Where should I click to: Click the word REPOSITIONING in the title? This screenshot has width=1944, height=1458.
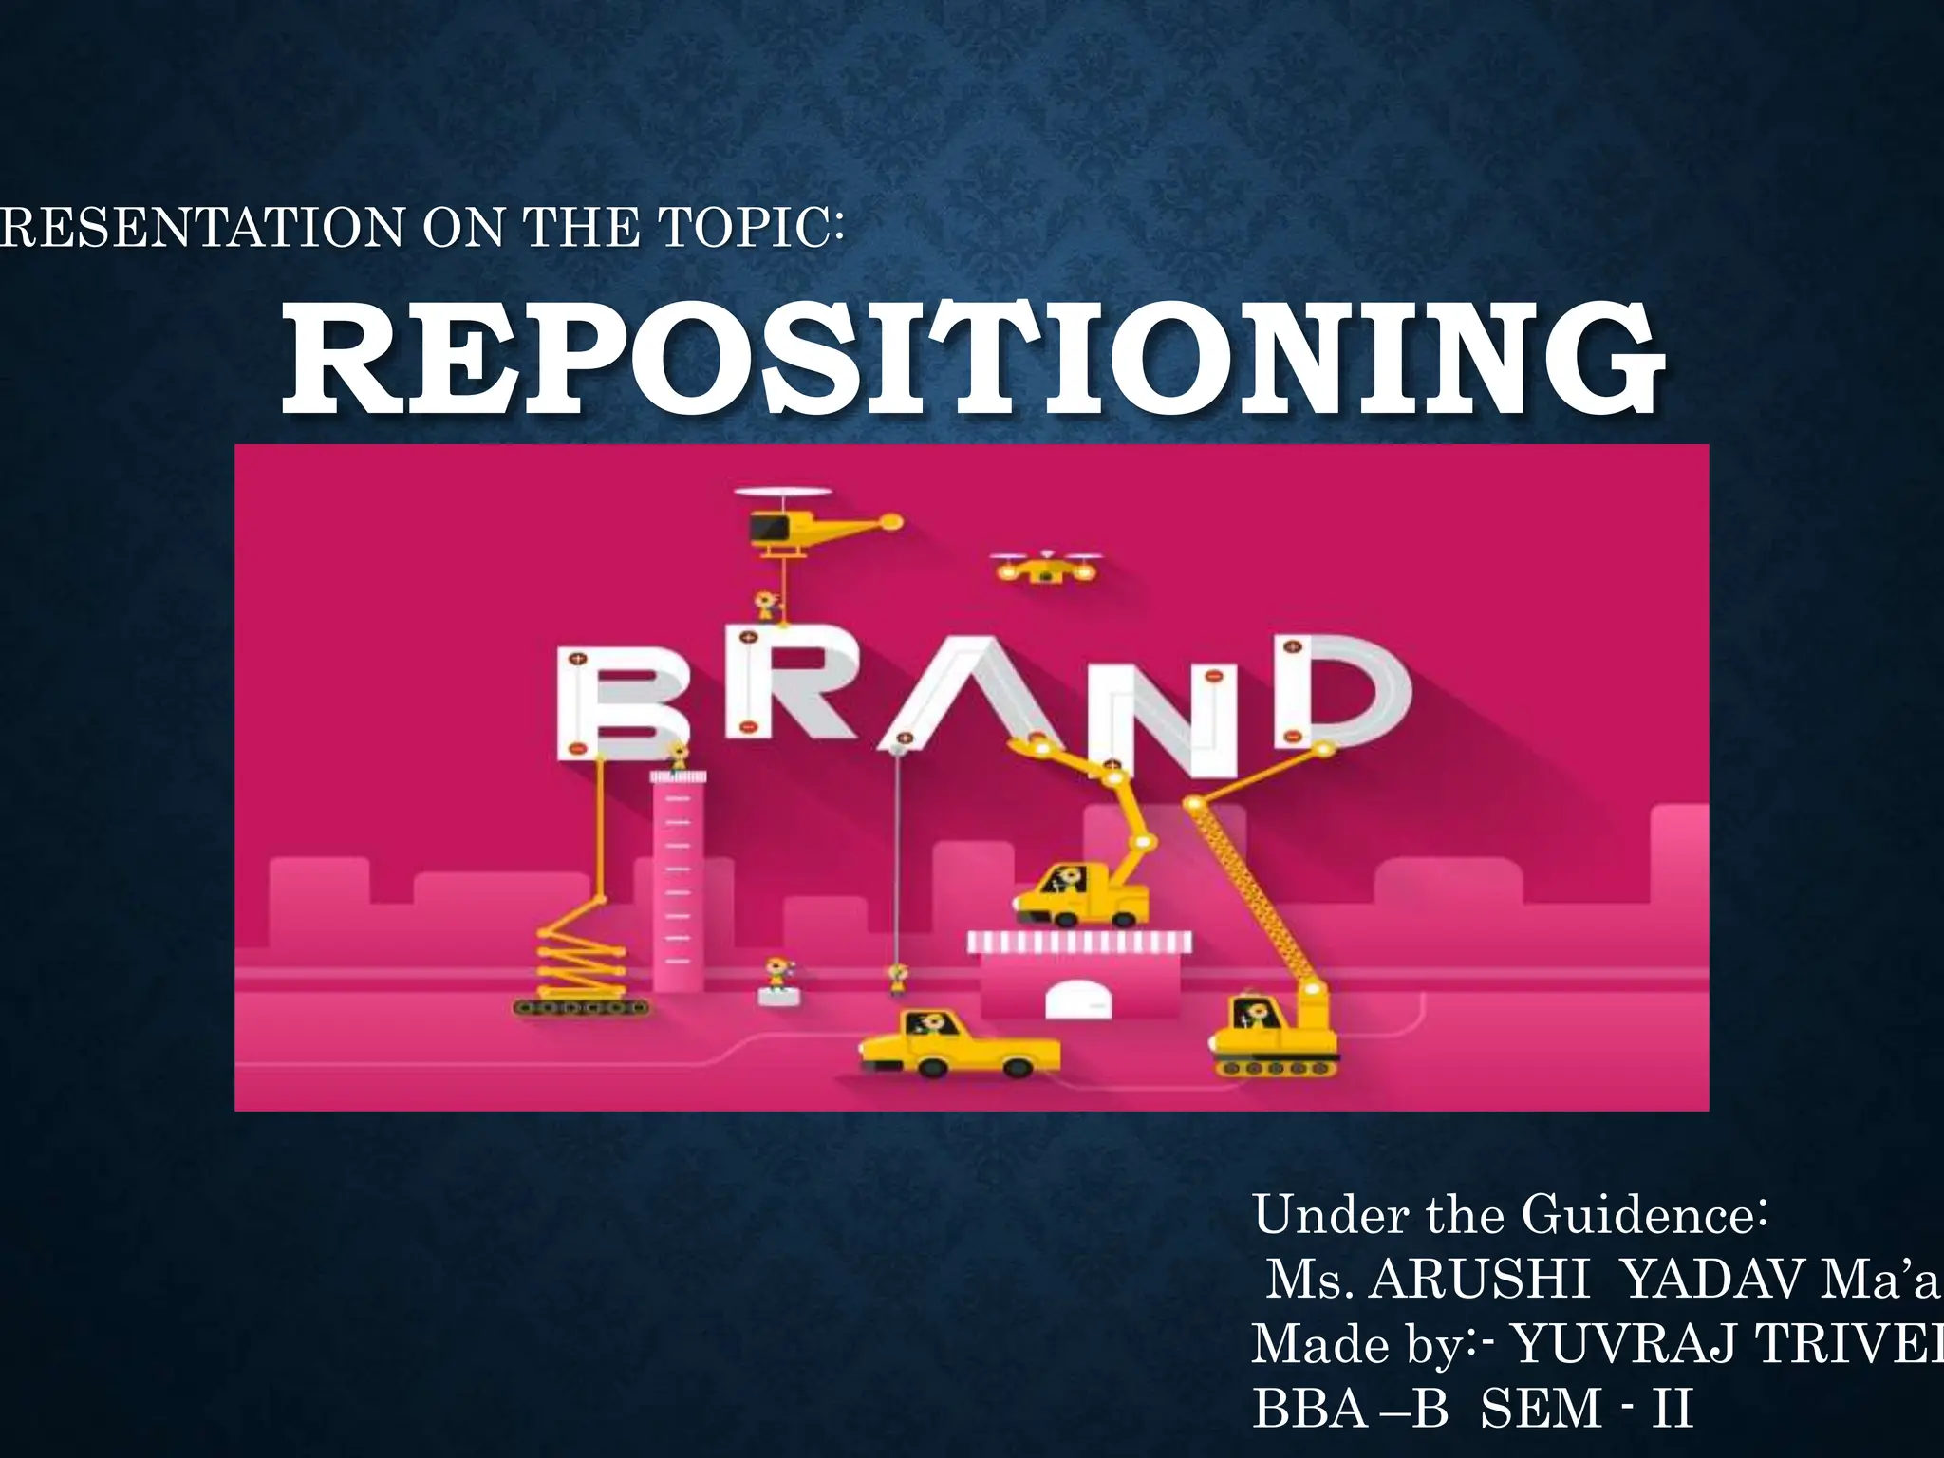972,364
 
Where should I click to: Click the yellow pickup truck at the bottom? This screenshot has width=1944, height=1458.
959,1043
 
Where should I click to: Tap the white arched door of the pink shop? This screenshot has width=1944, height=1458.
1079,1000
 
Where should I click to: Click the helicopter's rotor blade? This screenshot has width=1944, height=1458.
783,493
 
